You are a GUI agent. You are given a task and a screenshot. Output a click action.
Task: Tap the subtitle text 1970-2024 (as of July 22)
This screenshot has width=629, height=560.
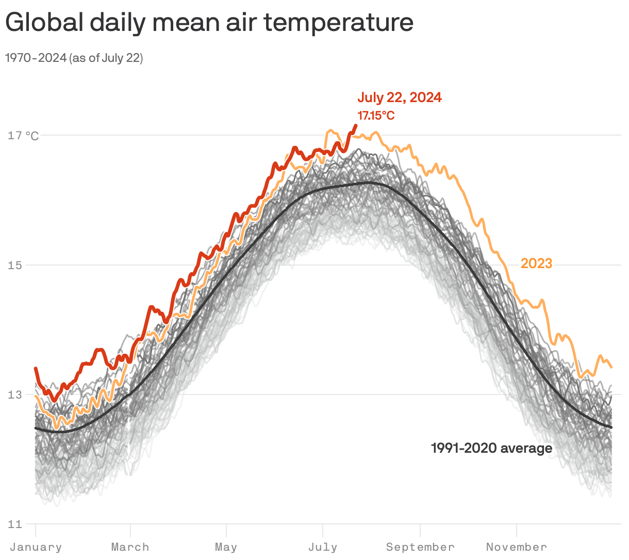click(x=74, y=58)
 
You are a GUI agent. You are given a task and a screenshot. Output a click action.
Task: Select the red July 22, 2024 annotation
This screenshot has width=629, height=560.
click(x=400, y=97)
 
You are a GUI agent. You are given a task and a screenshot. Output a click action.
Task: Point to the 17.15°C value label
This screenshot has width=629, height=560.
click(x=376, y=116)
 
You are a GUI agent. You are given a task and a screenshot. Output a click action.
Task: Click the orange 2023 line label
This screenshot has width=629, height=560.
click(x=536, y=263)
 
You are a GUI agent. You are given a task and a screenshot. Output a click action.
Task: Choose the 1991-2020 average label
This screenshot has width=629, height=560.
click(x=491, y=448)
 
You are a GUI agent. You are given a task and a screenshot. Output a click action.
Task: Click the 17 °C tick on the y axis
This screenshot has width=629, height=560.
click(x=23, y=136)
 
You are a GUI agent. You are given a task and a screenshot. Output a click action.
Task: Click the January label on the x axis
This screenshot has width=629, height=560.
click(x=36, y=547)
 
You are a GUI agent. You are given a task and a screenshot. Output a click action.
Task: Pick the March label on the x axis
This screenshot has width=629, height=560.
click(x=130, y=547)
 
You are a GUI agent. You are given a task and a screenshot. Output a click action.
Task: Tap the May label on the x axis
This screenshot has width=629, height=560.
click(x=226, y=547)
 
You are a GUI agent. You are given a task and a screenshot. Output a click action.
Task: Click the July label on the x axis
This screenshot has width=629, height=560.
click(x=323, y=547)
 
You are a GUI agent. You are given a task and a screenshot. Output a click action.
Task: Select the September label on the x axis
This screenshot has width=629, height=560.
click(x=420, y=547)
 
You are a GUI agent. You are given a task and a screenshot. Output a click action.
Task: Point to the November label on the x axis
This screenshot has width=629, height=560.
click(x=516, y=547)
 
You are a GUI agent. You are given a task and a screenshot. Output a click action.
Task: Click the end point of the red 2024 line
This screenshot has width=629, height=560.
click(x=355, y=125)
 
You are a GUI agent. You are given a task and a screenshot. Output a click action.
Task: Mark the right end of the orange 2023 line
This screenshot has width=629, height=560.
click(x=611, y=367)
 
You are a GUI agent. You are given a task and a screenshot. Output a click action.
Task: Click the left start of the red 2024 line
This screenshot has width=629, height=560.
click(x=36, y=368)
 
